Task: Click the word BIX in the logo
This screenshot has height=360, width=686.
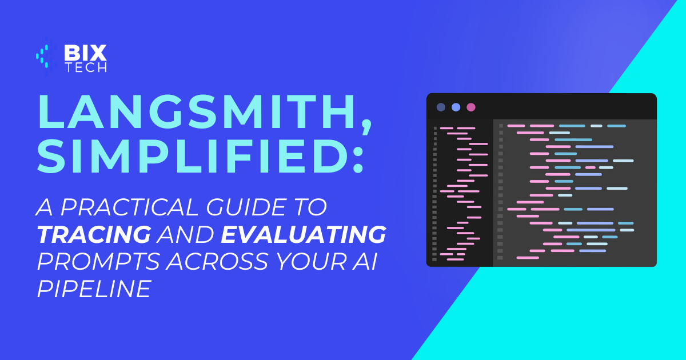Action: tap(85, 53)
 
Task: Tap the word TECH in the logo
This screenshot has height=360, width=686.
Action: tap(86, 67)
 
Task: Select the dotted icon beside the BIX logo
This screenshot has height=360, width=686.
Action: tap(46, 57)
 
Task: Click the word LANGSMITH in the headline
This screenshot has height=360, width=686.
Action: tap(196, 112)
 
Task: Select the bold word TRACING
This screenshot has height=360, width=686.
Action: tap(94, 234)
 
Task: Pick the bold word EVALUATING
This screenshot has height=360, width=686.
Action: tap(303, 234)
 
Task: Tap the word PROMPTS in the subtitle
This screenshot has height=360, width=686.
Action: tap(98, 262)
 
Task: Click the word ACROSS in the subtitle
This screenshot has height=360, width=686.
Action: tap(217, 262)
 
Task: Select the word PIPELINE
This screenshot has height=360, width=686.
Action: tap(94, 289)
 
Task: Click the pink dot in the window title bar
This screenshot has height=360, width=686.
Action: tap(471, 107)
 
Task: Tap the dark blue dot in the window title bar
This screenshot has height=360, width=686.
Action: tap(441, 107)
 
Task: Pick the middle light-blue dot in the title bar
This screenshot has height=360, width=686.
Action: tap(456, 107)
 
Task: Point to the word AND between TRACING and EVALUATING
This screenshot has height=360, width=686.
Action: tap(186, 234)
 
